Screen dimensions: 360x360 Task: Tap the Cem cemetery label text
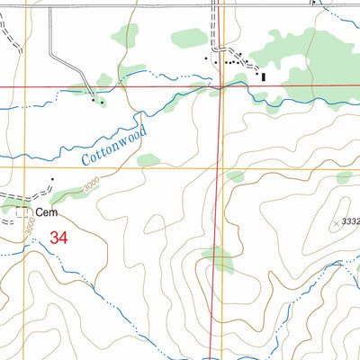pos(47,212)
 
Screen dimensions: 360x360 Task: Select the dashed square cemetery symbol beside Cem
pos(22,212)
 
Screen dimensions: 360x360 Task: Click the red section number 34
pos(59,238)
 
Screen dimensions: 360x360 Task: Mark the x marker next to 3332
pos(337,221)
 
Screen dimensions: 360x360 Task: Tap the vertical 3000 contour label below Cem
pos(31,229)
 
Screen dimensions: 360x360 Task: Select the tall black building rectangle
pos(263,77)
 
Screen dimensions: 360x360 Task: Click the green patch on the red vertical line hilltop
pos(219,261)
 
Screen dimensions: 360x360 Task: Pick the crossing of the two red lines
pos(221,86)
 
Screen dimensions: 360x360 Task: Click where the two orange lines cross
pos(26,167)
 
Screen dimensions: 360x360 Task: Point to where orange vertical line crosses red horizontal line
pos(26,86)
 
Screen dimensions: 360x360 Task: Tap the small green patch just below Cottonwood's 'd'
pos(148,160)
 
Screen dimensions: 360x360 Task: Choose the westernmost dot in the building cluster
pos(206,60)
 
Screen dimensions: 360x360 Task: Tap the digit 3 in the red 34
pos(55,238)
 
